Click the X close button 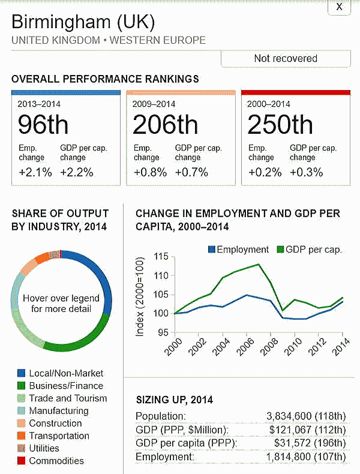340,7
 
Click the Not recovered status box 285,58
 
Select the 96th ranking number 43,125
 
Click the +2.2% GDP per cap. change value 76,172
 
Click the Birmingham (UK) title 83,23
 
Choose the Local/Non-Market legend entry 66,373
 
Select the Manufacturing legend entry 58,411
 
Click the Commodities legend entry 56,461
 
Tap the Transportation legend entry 61,436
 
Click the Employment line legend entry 238,250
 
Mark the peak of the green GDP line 259,264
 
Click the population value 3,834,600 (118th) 306,416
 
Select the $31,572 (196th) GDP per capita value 307,443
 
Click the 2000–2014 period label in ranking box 269,103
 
